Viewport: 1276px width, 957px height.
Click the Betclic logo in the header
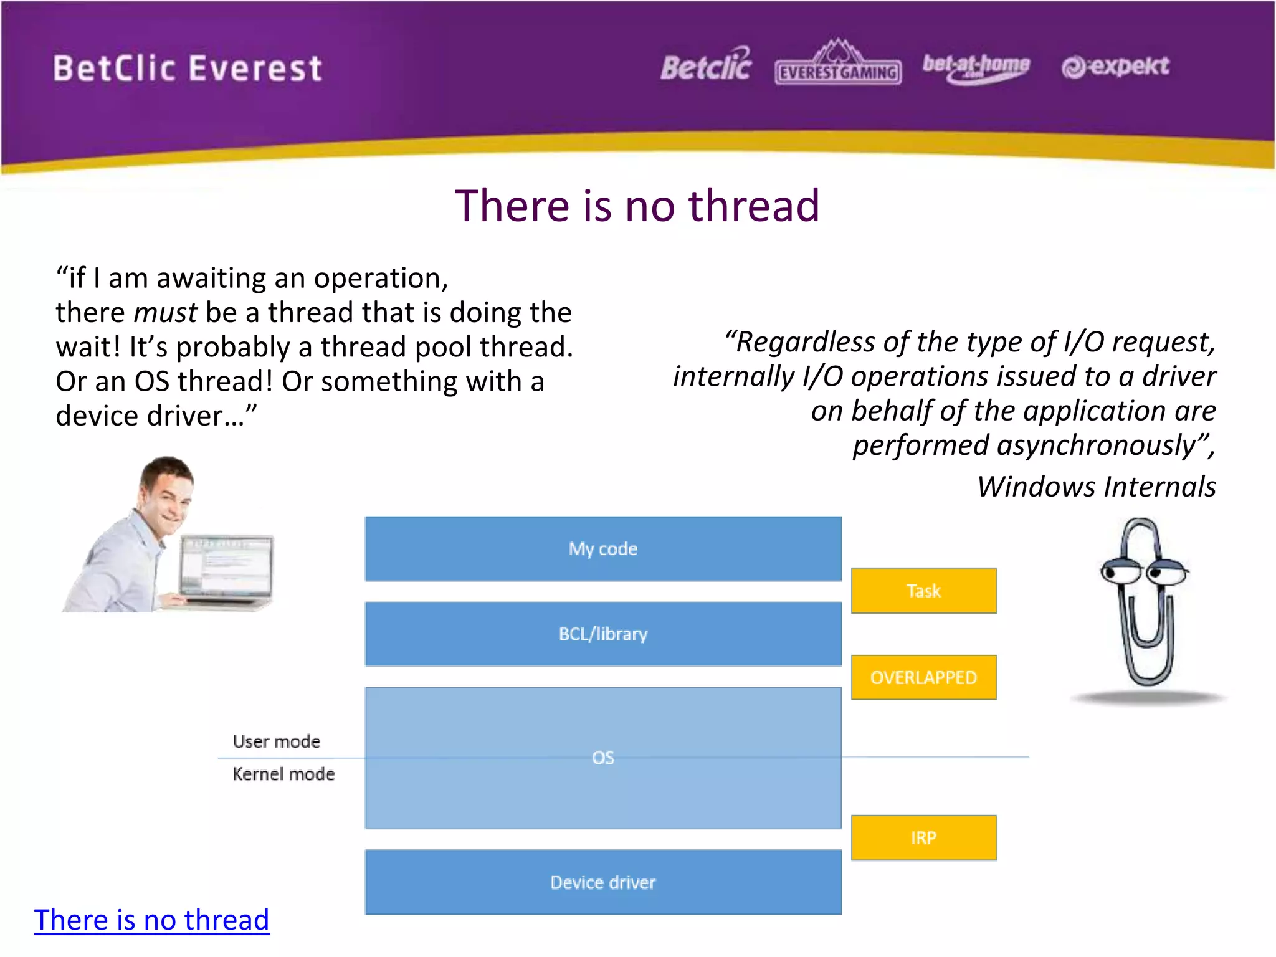pyautogui.click(x=706, y=66)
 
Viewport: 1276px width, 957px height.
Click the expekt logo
pyautogui.click(x=1115, y=66)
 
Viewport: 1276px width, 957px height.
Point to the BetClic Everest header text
pyautogui.click(x=188, y=68)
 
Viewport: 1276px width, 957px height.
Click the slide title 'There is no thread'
pyautogui.click(x=637, y=206)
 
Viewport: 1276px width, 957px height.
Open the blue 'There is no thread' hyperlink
pyautogui.click(x=151, y=920)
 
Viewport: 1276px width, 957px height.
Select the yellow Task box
pyautogui.click(x=923, y=591)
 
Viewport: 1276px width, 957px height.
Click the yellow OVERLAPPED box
pyautogui.click(x=923, y=677)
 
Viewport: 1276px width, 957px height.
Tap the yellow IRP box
pyautogui.click(x=923, y=837)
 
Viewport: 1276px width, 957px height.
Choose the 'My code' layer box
pyautogui.click(x=602, y=549)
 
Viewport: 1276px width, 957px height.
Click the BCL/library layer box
pyautogui.click(x=602, y=634)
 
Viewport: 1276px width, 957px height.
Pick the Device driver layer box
pyautogui.click(x=602, y=882)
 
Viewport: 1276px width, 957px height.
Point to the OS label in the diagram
pyautogui.click(x=602, y=758)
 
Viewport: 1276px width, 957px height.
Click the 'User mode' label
pyautogui.click(x=276, y=741)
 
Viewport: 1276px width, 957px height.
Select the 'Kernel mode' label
pyautogui.click(x=283, y=774)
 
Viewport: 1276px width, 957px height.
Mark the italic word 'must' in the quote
pyautogui.click(x=165, y=313)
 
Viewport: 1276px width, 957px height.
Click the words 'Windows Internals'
pyautogui.click(x=1096, y=487)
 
